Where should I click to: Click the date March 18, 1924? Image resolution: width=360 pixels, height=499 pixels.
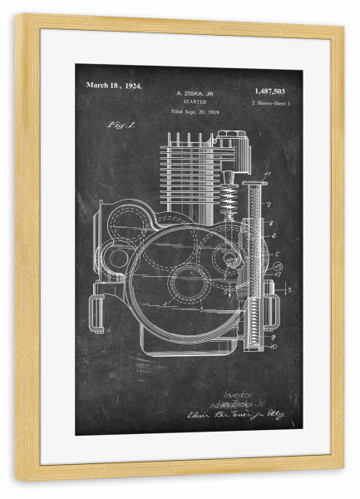pyautogui.click(x=113, y=86)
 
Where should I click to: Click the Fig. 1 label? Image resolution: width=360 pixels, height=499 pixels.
pyautogui.click(x=121, y=125)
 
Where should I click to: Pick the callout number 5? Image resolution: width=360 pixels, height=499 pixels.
pyautogui.click(x=276, y=254)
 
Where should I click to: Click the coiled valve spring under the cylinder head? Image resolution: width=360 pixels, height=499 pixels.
pyautogui.click(x=227, y=200)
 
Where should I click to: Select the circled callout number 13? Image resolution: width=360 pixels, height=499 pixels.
pyautogui.click(x=278, y=266)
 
